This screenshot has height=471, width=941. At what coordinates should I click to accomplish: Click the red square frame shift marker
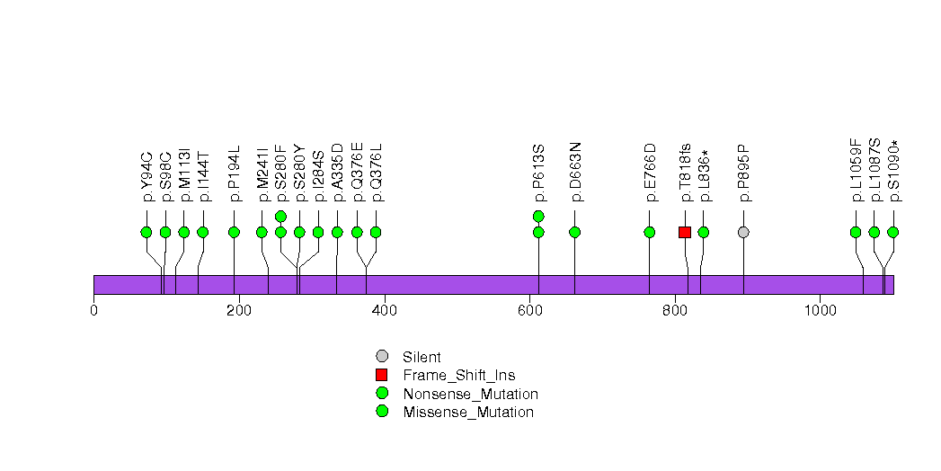click(685, 232)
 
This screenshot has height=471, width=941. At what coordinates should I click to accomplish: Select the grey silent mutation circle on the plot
click(743, 232)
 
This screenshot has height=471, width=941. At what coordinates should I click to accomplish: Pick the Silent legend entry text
click(422, 357)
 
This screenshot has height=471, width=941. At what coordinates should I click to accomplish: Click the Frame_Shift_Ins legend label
click(458, 375)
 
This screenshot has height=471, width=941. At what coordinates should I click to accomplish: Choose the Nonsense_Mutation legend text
click(470, 394)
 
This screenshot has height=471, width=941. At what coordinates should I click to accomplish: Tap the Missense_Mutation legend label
click(467, 412)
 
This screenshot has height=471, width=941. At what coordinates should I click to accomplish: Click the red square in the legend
click(382, 375)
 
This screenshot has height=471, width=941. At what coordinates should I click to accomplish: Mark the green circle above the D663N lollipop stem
click(575, 232)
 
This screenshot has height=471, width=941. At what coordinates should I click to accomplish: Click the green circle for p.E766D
click(650, 232)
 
